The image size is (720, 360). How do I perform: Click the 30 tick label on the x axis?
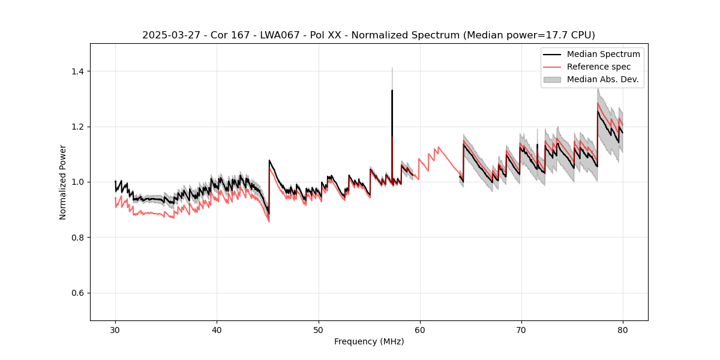pyautogui.click(x=115, y=330)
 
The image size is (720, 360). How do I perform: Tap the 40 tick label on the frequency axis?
pyautogui.click(x=217, y=330)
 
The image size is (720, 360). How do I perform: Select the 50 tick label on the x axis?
pyautogui.click(x=319, y=330)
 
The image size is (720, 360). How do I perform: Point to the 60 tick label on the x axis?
pyautogui.click(x=420, y=330)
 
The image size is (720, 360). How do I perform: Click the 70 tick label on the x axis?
pyautogui.click(x=521, y=330)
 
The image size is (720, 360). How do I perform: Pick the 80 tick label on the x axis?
pyautogui.click(x=623, y=330)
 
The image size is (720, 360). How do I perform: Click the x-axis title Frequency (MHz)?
pyautogui.click(x=369, y=342)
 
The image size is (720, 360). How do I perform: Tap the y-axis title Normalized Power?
pyautogui.click(x=63, y=182)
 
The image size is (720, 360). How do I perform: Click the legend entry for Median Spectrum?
pyautogui.click(x=603, y=54)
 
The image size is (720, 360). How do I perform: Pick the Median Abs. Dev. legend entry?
pyautogui.click(x=602, y=79)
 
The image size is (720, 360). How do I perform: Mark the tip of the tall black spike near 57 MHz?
pyautogui.click(x=392, y=91)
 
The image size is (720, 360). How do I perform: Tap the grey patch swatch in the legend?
pyautogui.click(x=552, y=79)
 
